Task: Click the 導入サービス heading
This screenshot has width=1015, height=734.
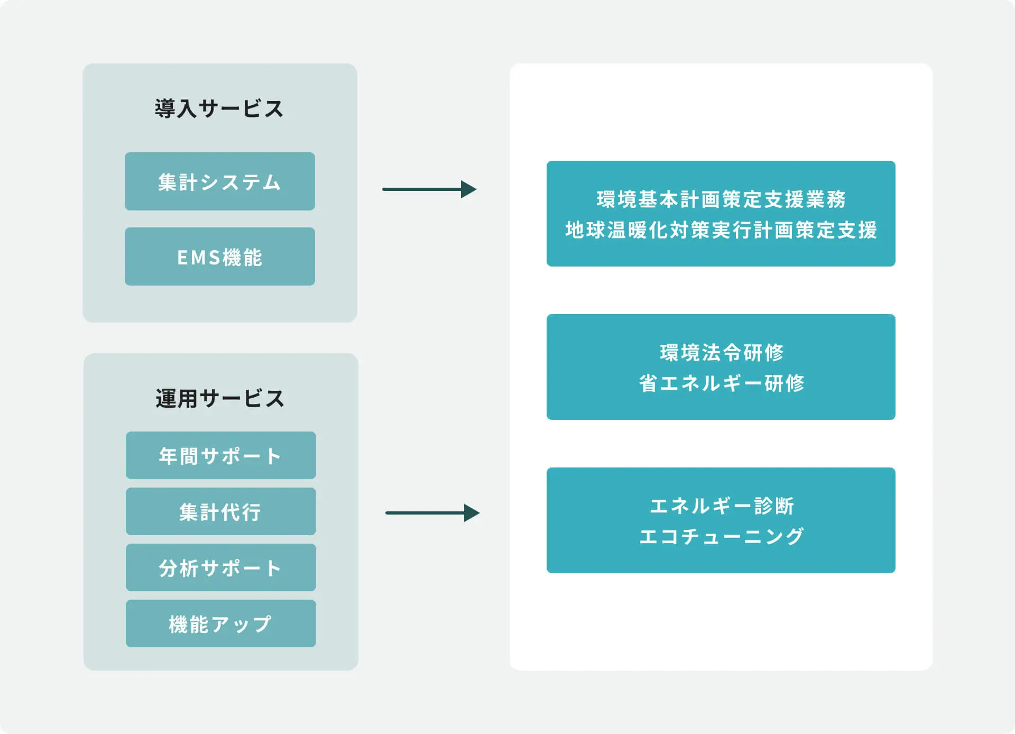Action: pos(219,108)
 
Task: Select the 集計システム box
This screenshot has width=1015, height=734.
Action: pos(220,181)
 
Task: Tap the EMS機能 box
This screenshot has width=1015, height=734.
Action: pos(220,256)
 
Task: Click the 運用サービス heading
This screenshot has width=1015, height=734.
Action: pos(220,398)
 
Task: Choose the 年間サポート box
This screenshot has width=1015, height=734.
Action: pos(221,455)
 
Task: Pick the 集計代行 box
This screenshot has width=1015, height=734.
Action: pos(221,511)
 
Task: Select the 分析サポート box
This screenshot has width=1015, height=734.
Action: pos(221,567)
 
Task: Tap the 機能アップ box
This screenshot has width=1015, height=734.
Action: pos(221,623)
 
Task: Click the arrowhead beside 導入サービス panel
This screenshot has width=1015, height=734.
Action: pos(469,189)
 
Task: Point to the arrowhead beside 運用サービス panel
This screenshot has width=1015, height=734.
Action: pos(472,513)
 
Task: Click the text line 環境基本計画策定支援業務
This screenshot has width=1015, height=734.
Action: pos(721,199)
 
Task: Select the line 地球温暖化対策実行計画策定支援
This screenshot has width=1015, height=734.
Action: pos(721,230)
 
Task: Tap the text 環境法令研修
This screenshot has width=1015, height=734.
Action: pos(722,353)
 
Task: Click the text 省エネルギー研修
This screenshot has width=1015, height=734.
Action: pos(722,383)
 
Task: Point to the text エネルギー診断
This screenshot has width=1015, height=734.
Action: pos(722,506)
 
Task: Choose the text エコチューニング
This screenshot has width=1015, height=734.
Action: pos(722,537)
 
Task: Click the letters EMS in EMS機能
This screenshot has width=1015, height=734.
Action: pos(198,258)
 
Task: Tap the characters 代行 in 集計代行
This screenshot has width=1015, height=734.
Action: pos(241,512)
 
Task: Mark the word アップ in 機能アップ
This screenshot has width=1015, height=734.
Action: pos(241,625)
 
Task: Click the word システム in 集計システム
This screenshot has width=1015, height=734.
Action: pos(241,182)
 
